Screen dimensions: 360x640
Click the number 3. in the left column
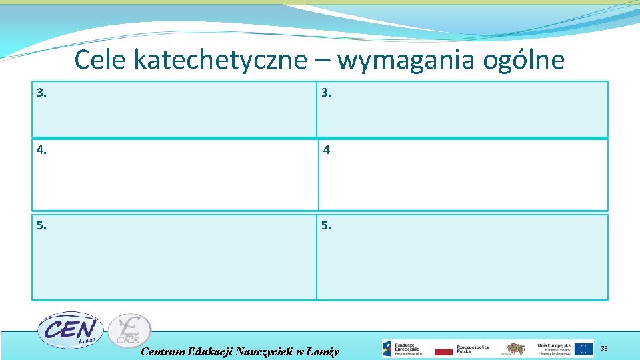tap(42, 93)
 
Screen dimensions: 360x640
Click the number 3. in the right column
tap(326, 93)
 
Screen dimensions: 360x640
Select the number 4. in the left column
tap(42, 150)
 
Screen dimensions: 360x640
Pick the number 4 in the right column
tap(327, 150)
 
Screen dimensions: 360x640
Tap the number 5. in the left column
tap(42, 225)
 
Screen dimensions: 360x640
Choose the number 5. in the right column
tap(326, 225)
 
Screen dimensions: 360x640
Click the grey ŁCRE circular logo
tap(129, 330)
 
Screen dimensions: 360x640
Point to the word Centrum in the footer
tap(164, 351)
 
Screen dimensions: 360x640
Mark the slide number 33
tap(604, 348)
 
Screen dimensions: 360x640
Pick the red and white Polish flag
tap(443, 349)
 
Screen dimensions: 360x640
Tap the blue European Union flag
tap(584, 349)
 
